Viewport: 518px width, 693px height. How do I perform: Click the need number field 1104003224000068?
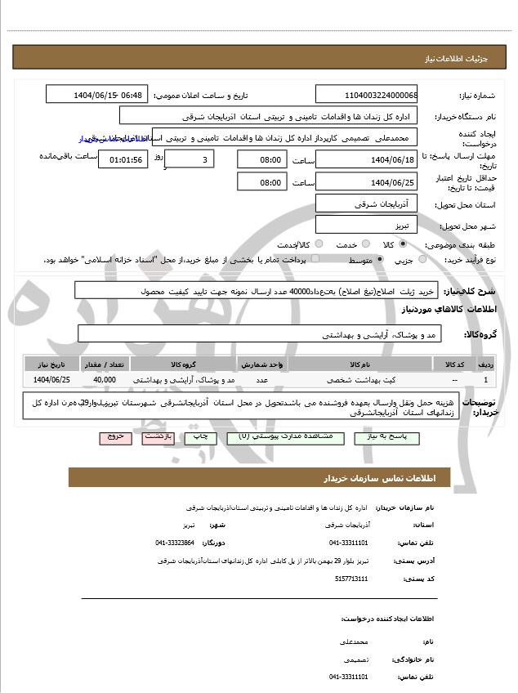tap(366, 95)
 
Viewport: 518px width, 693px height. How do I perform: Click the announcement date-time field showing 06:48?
tap(96, 95)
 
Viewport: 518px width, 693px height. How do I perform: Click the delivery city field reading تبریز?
tap(366, 223)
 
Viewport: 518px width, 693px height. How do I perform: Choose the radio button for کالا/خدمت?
tap(318, 244)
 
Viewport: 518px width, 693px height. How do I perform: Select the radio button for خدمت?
tap(364, 244)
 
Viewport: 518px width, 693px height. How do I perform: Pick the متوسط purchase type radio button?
tap(380, 259)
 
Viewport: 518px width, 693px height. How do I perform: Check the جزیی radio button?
tap(422, 259)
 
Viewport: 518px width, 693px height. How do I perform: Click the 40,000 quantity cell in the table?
tap(105, 380)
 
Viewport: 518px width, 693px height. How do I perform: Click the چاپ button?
tap(202, 437)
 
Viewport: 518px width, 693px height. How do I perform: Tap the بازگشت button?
tap(158, 437)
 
